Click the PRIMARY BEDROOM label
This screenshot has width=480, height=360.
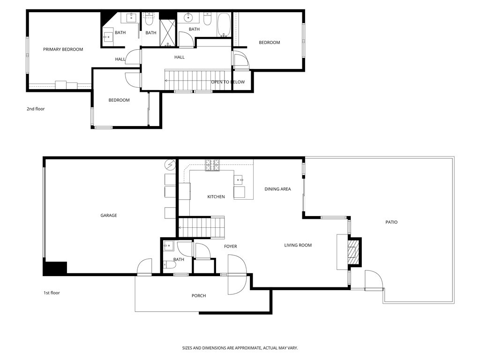pos(63,49)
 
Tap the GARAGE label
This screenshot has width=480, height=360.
pos(109,216)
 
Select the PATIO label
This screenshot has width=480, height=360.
pos(391,222)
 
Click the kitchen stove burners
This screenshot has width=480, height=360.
pos(212,165)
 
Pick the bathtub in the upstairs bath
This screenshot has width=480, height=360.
pos(224,24)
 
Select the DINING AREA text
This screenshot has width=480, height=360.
pos(277,189)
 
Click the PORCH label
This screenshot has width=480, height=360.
pos(199,296)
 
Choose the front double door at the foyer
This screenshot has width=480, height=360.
pos(237,275)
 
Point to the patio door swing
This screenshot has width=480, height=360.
pos(374,281)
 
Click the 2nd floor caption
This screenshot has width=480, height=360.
pos(36,109)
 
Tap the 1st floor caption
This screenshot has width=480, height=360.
pos(52,293)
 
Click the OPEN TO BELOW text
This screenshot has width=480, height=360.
pos(228,82)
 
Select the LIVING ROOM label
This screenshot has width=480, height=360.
pos(298,245)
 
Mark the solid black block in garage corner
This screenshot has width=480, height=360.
pos(55,268)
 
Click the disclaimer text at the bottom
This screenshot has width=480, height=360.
pos(240,348)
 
